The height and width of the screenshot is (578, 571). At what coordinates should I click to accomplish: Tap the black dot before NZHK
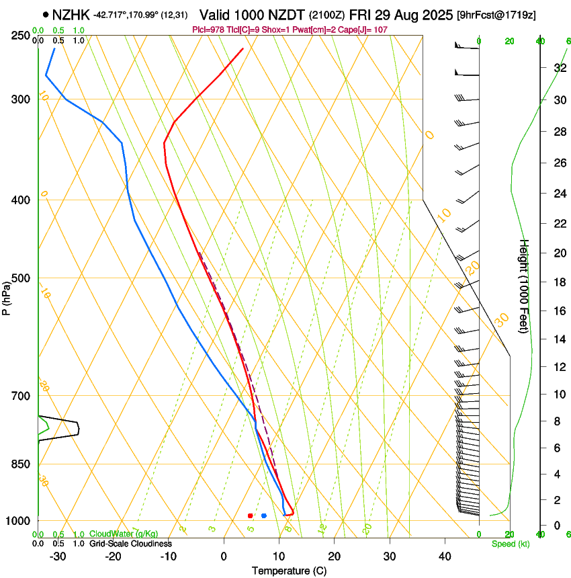(x=46, y=14)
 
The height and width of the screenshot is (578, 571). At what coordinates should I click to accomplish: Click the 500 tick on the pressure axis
(x=21, y=278)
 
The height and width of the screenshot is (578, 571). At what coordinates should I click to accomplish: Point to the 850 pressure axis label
(x=21, y=464)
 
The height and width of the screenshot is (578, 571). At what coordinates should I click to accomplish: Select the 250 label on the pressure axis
(x=21, y=35)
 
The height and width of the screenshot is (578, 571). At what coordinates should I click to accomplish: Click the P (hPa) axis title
(x=6, y=296)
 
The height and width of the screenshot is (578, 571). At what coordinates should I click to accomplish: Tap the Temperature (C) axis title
(x=289, y=571)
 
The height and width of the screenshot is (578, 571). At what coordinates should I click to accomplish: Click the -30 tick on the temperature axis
(x=58, y=556)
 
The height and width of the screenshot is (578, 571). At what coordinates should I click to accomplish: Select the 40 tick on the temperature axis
(x=445, y=556)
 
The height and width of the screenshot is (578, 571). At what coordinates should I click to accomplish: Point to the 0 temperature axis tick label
(x=224, y=556)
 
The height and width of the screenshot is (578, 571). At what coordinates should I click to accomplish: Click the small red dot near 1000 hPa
(x=251, y=515)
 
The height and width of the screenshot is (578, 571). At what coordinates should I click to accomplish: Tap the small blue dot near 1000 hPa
(x=264, y=515)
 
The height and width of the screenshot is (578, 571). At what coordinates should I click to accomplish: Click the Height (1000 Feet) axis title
(x=524, y=286)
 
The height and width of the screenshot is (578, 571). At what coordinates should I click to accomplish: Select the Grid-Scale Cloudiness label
(x=130, y=544)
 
